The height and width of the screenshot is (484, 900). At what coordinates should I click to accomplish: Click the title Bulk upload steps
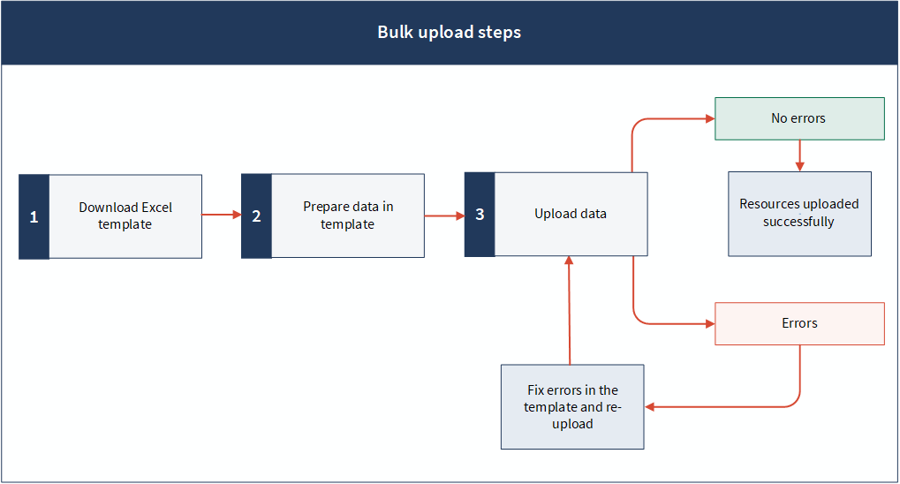point(449,32)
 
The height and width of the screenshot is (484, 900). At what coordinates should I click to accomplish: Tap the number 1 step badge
point(34,216)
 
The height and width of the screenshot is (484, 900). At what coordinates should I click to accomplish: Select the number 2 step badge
point(256,216)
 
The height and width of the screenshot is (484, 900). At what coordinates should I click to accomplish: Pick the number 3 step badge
point(480,214)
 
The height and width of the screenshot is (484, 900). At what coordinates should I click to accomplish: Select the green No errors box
point(799,119)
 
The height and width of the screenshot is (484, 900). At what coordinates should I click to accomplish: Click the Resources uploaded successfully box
point(799,214)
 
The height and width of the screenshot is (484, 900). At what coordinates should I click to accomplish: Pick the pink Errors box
point(799,324)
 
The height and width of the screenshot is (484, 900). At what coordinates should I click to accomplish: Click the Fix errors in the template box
point(572,407)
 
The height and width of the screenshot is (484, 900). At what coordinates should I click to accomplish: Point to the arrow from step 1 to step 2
point(222,215)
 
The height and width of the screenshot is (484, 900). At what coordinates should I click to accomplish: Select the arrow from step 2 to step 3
point(445,216)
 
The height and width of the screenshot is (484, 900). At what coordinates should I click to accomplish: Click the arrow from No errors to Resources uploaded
point(799,155)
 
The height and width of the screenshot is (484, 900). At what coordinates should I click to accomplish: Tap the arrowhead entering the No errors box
point(711,119)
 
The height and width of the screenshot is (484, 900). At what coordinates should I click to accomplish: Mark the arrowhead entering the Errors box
point(711,324)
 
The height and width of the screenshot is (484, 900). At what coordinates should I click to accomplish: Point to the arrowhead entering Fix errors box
point(649,407)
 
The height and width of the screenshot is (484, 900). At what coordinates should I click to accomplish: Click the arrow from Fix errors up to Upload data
point(570,310)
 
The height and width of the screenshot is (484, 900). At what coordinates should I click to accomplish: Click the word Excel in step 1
point(156,208)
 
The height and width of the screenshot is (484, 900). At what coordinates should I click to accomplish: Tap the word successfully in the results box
point(798,223)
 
